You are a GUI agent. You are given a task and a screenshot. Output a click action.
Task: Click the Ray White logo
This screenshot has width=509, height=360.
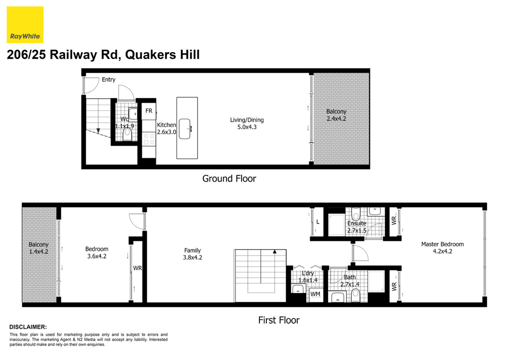click(x=25, y=25)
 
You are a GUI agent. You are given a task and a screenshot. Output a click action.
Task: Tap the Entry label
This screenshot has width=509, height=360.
click(x=108, y=80)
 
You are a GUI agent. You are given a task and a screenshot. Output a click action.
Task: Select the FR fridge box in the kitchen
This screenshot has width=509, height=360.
click(x=149, y=111)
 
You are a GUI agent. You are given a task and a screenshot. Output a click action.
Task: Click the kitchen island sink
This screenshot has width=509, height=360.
click(x=185, y=129)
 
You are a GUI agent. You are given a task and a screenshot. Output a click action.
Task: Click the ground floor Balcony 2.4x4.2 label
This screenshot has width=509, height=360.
click(x=337, y=115)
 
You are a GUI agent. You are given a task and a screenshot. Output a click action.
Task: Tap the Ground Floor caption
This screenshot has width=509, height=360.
click(x=229, y=179)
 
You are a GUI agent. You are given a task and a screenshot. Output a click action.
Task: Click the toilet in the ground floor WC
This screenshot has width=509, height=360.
click(x=127, y=135)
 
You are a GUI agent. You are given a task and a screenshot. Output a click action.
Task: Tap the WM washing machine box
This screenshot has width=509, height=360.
click(x=315, y=294)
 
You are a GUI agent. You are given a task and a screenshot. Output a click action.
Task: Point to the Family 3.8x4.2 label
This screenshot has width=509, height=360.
click(x=192, y=254)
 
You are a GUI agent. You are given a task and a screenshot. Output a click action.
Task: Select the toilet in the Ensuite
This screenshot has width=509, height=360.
click(x=356, y=214)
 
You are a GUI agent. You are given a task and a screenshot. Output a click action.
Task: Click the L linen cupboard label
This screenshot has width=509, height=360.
click(x=318, y=222)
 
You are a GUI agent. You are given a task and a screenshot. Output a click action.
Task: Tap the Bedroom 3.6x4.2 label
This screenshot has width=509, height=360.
click(x=97, y=253)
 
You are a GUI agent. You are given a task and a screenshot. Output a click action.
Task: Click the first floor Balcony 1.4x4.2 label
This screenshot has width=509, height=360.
click(x=39, y=248)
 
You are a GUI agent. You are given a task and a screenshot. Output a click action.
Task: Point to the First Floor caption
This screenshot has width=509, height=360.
click(x=279, y=320)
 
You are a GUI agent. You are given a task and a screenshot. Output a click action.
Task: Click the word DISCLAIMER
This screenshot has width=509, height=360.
click(x=28, y=327)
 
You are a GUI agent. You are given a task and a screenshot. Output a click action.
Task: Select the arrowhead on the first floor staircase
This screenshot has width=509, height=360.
click(x=274, y=251)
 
